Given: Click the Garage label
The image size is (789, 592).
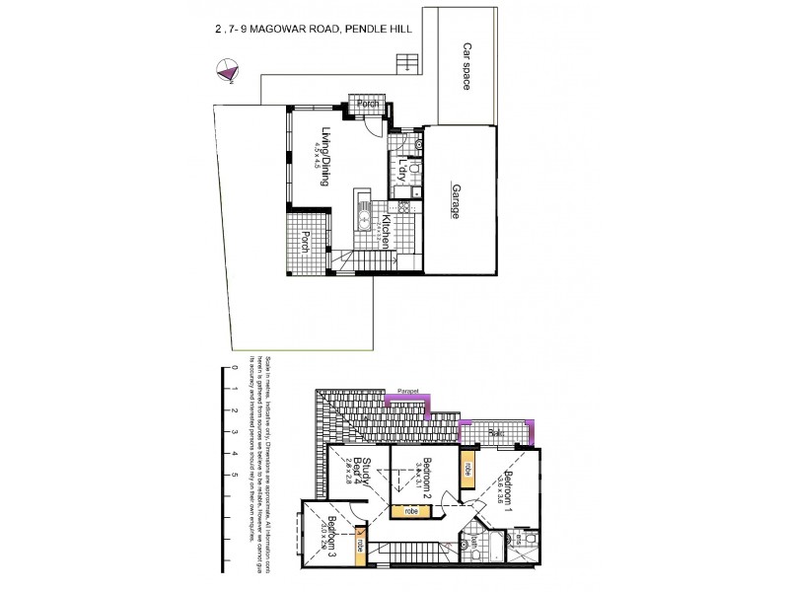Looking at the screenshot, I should tap(456, 200).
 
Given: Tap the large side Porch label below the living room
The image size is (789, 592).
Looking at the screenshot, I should tap(306, 243).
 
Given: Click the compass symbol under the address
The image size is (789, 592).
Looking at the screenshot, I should tap(228, 69).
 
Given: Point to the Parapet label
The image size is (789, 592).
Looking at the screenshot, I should tap(408, 392).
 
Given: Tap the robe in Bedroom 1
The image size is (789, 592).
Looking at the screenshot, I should tap(467, 470).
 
